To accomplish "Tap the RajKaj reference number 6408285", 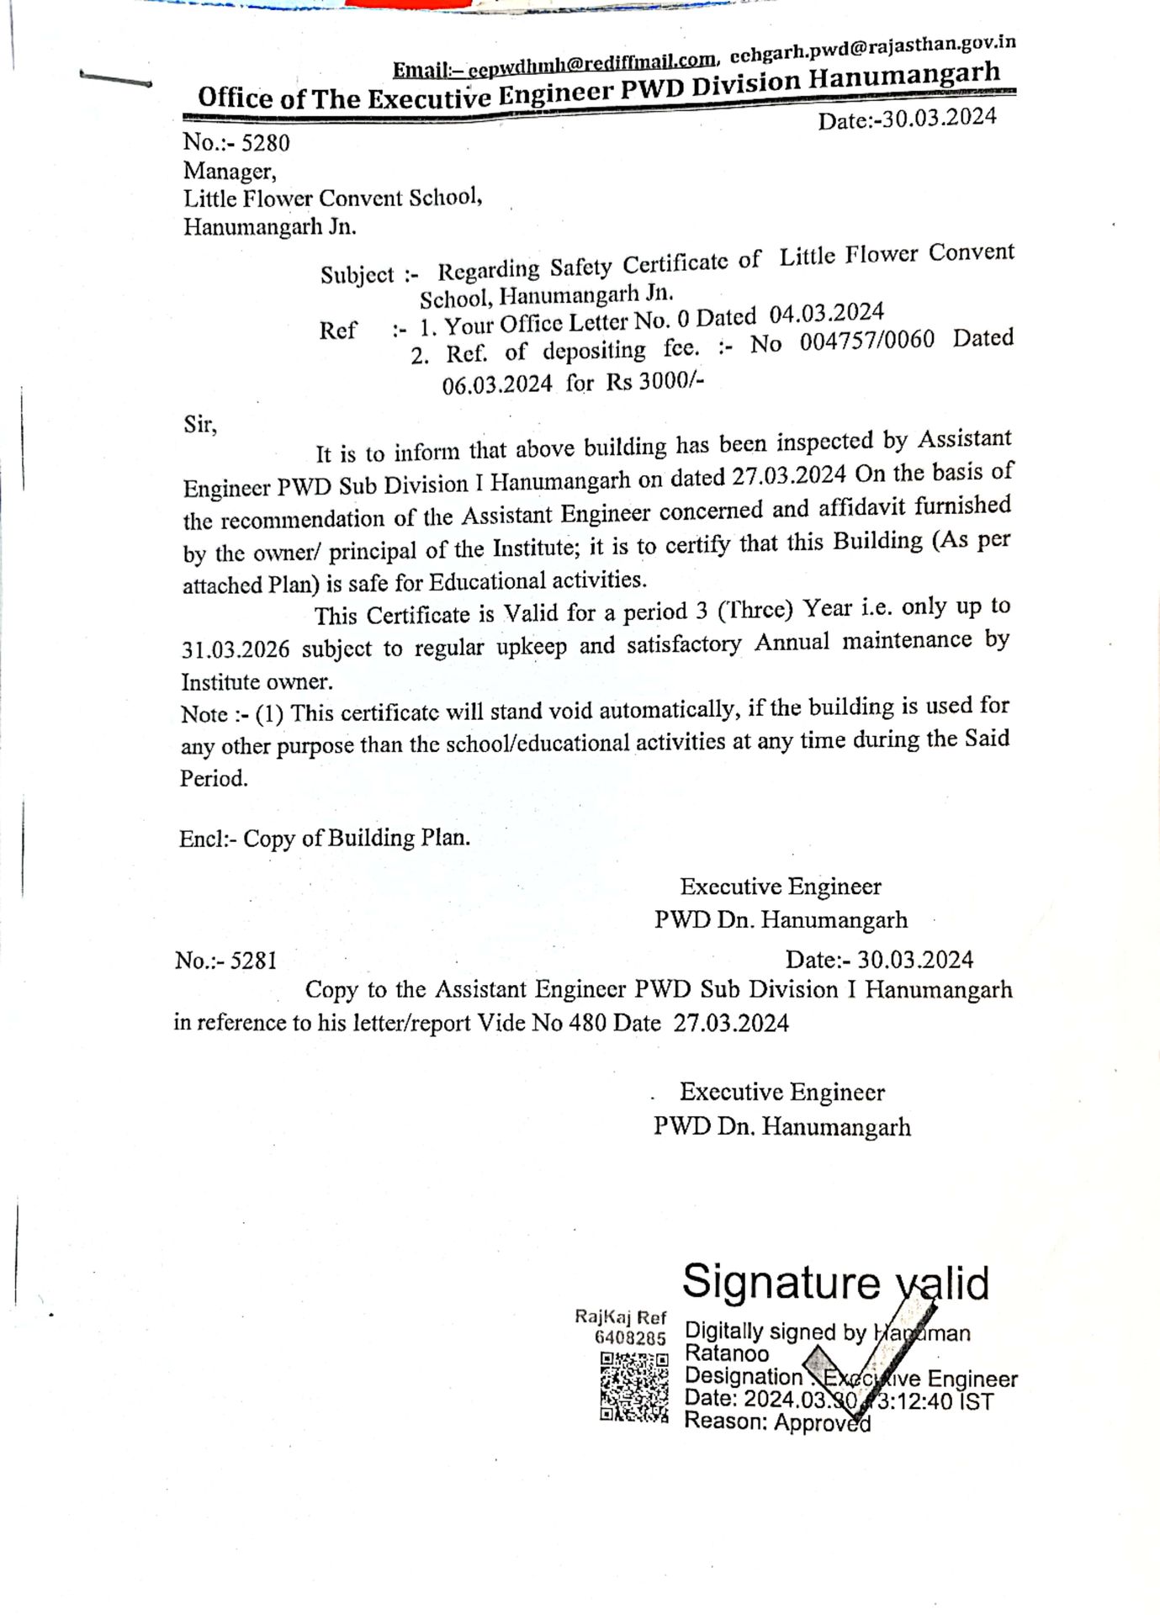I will [x=630, y=1337].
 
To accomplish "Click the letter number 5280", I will [x=265, y=142].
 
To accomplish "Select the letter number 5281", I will [x=253, y=961].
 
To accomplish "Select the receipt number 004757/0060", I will [x=866, y=341].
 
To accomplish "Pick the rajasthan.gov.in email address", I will [x=872, y=49].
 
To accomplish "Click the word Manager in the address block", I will [x=229, y=171].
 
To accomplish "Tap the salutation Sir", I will [x=199, y=425].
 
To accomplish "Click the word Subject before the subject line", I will [x=357, y=275].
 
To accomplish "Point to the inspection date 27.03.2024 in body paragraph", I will [x=788, y=476].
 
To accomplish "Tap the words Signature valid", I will [x=834, y=1283].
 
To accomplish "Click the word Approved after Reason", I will [x=822, y=1422].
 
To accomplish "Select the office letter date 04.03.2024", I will [x=826, y=314].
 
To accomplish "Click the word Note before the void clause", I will [x=204, y=714].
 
